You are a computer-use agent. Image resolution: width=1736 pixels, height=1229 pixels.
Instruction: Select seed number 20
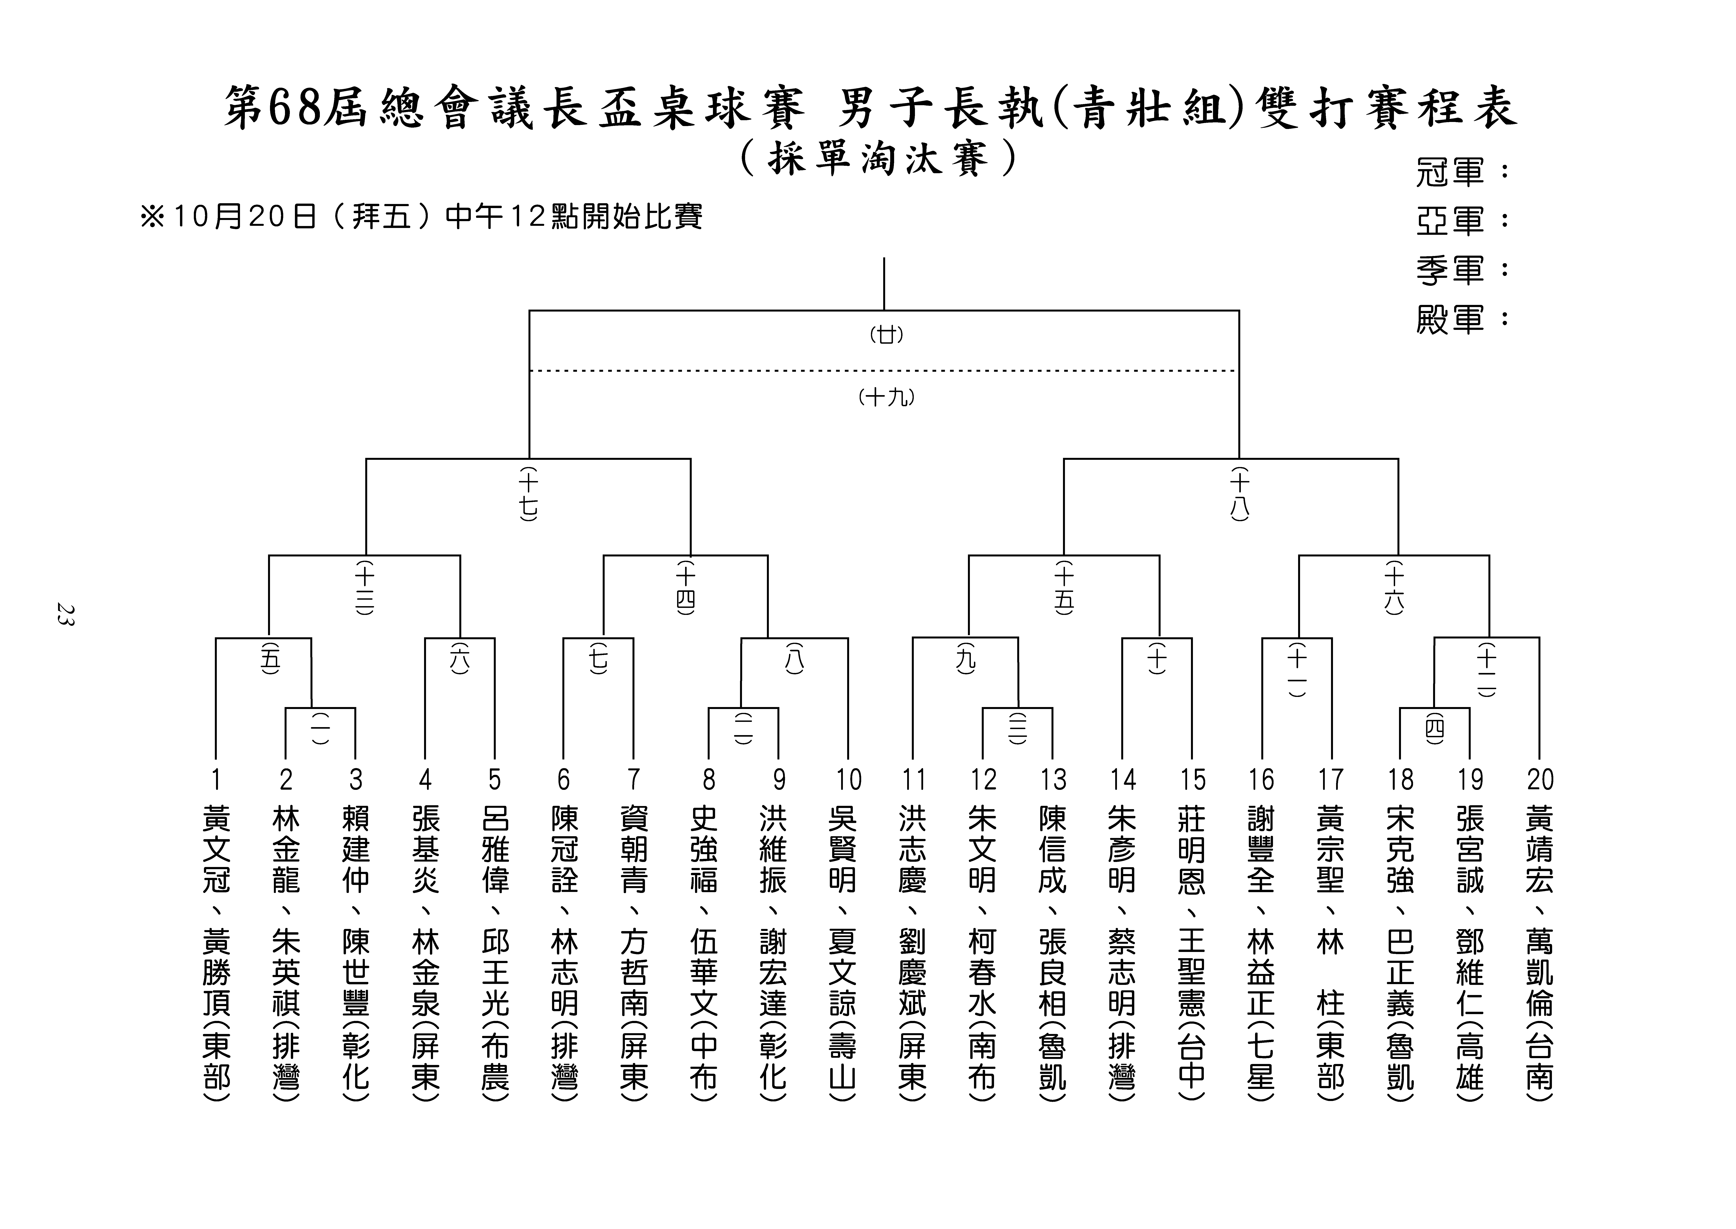point(1540,780)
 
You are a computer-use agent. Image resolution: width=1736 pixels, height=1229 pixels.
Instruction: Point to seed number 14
point(1123,780)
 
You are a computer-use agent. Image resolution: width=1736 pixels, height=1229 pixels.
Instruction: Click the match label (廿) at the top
point(887,335)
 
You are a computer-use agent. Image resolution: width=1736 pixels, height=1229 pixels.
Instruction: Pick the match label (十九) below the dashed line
point(887,397)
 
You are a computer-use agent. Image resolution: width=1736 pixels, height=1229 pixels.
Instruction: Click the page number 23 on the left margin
point(65,614)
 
